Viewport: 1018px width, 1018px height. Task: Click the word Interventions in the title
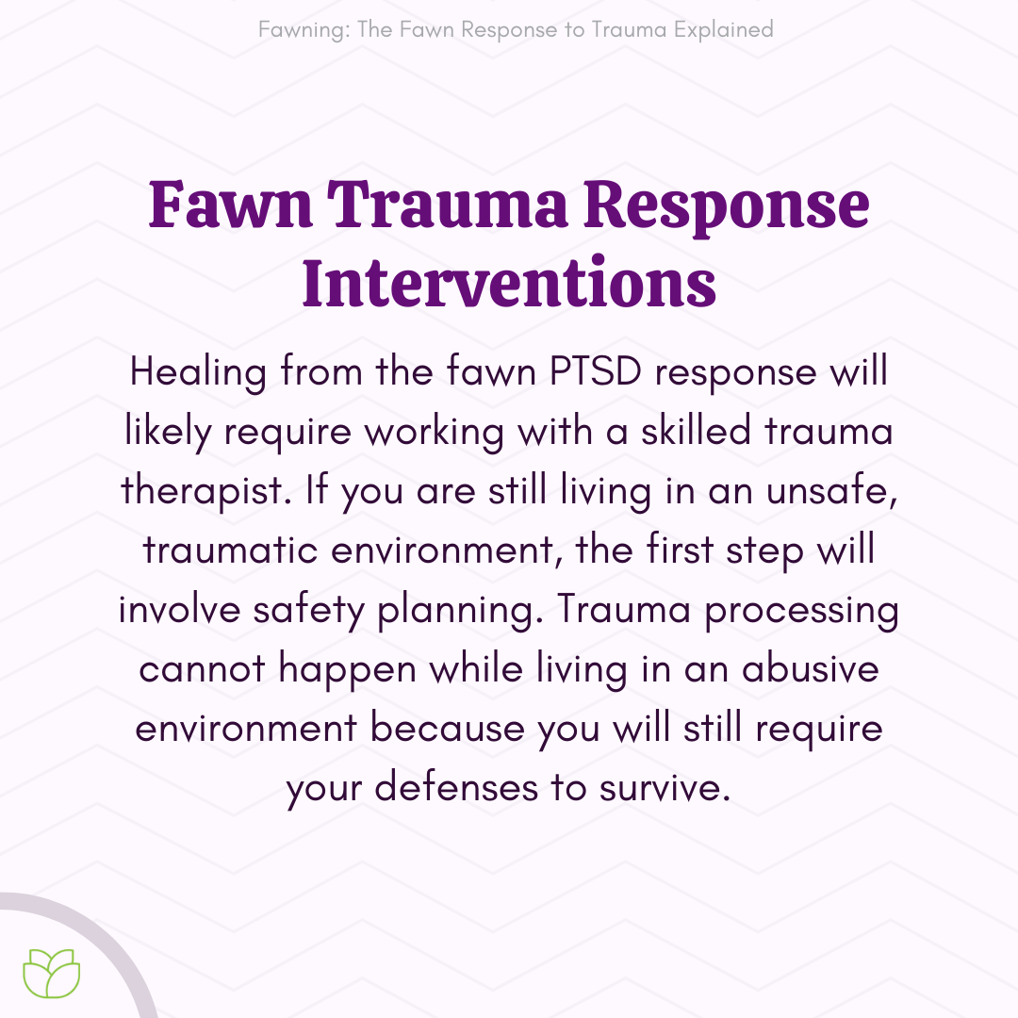[x=509, y=284]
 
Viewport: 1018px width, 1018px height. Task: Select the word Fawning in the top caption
[x=304, y=30]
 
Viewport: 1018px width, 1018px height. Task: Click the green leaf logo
[x=52, y=973]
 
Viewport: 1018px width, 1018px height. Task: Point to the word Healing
[x=198, y=373]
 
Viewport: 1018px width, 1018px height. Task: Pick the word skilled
[x=696, y=431]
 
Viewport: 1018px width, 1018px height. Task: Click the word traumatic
[x=230, y=550]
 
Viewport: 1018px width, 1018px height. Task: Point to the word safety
[x=309, y=611]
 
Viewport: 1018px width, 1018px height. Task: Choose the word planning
[x=460, y=611]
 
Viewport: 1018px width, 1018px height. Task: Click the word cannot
[x=202, y=669]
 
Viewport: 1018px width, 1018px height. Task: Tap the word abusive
[x=811, y=668]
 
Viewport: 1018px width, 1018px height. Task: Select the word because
[x=448, y=728]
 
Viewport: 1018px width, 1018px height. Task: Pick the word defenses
[x=456, y=787]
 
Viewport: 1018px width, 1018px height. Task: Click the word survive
[x=665, y=787]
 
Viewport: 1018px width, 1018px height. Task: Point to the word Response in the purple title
[x=727, y=205]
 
